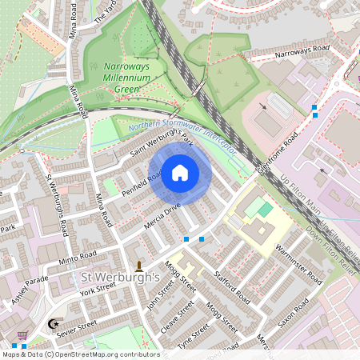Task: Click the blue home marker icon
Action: [x=180, y=173]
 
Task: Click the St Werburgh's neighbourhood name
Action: [x=122, y=278]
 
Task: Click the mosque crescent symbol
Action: [x=54, y=324]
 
